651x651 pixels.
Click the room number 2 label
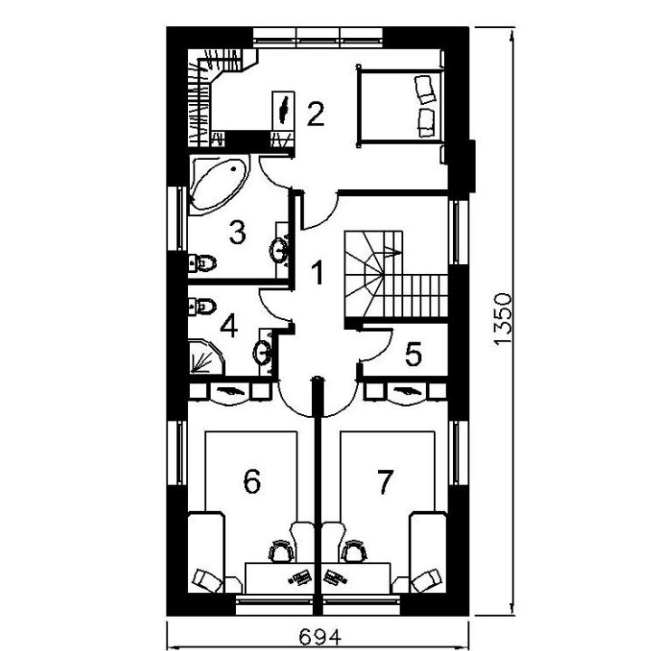pos(316,114)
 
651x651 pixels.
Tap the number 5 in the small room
pos(413,354)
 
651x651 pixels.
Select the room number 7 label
pos(385,482)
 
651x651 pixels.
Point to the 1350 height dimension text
pos(503,319)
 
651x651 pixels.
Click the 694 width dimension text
pos(320,637)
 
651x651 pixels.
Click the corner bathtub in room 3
pos(219,184)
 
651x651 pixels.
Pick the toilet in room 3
pos(203,262)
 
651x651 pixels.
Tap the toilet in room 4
pos(203,307)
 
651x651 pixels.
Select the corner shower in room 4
pos(206,357)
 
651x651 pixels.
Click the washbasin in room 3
pos(280,250)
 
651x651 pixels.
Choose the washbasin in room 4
pos(263,353)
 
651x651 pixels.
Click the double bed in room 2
pos(401,108)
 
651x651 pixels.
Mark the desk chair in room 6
pos(281,551)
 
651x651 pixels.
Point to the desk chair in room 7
pos(354,551)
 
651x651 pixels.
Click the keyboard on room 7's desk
pos(335,577)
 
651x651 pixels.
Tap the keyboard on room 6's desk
pos(300,577)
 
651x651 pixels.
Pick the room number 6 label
pos(252,482)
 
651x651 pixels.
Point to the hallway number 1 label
pos(317,273)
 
